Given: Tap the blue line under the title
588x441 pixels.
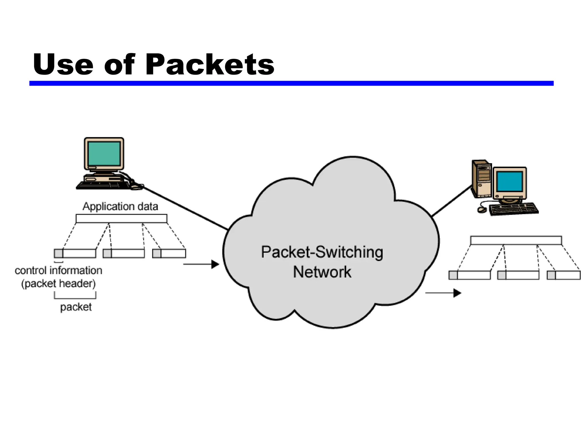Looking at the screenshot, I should [x=291, y=83].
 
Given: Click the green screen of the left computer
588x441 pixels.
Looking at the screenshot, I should [x=104, y=154].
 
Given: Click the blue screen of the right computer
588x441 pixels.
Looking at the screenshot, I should [x=510, y=182].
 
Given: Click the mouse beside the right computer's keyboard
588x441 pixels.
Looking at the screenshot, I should [x=482, y=210].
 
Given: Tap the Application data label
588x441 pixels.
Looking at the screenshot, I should [x=120, y=206].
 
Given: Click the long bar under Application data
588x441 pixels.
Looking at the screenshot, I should [x=121, y=218].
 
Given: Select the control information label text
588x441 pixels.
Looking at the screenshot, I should [x=58, y=270].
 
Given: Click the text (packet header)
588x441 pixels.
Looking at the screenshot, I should [x=58, y=284].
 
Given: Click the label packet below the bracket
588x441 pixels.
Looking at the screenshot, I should [x=76, y=307].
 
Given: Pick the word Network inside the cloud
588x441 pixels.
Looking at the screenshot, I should [x=322, y=272].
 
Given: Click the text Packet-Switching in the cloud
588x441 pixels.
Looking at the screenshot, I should [x=322, y=252].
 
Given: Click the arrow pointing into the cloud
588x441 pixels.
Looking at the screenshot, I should [x=201, y=264].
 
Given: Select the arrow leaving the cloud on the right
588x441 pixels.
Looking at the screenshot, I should [x=443, y=293].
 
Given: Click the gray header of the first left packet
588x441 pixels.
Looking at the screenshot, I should [x=59, y=254].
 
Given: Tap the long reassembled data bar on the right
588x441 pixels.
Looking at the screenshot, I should [x=516, y=240].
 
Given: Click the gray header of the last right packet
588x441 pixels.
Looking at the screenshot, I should [x=551, y=275].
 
